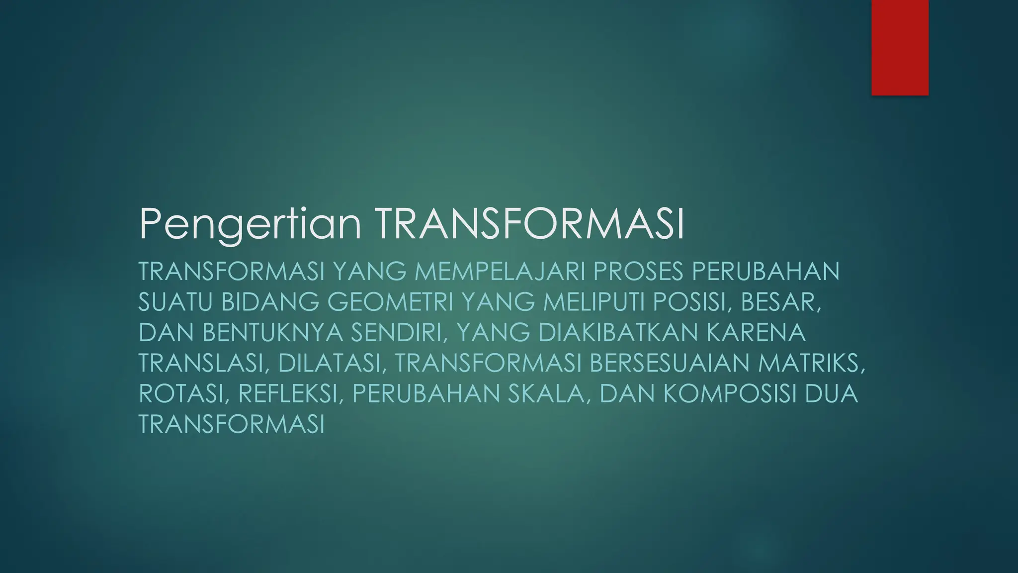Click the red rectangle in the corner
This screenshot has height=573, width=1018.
click(x=900, y=47)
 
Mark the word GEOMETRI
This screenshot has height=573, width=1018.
click(x=391, y=302)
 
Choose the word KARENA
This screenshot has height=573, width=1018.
click(x=756, y=333)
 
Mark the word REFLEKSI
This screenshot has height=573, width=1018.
click(x=290, y=394)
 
